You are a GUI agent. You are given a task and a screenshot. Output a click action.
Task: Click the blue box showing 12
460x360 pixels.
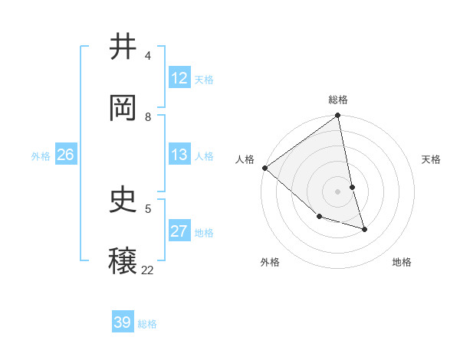pos(179,78)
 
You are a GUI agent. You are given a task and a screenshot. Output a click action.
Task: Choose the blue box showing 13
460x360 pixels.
pos(179,155)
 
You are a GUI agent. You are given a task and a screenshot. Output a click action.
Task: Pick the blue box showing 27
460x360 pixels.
pos(179,231)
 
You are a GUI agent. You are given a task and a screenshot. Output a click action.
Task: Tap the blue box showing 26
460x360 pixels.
pos(65,155)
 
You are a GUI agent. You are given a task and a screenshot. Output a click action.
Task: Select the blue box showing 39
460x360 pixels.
pos(123,322)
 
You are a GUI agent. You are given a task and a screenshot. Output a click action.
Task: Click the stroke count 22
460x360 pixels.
pos(147,270)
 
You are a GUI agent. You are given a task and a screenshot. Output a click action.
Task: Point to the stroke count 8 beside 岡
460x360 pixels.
pos(148,117)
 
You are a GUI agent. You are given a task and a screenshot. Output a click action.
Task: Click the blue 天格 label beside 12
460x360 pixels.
pos(204,80)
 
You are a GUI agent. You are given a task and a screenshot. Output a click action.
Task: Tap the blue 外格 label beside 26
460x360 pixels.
pos(41,156)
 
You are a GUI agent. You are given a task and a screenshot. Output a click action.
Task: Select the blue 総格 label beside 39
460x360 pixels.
pos(147,324)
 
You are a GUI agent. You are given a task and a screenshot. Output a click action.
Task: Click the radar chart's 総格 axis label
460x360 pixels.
pos(338,100)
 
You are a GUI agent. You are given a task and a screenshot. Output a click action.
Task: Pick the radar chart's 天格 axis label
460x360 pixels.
pos(432,159)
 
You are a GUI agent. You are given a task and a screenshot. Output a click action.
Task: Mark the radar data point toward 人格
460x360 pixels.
pos(264,168)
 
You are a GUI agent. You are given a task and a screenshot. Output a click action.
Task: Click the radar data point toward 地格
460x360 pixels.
pos(364,229)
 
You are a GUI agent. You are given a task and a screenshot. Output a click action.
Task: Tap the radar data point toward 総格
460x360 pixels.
pos(338,116)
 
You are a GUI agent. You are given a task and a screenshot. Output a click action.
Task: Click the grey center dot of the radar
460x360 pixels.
pos(338,191)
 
